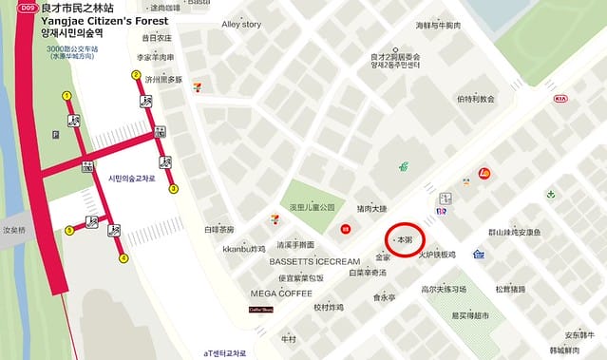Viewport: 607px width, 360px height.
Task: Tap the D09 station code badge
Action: (x=26, y=8)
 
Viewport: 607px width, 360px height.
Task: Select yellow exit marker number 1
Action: (x=66, y=95)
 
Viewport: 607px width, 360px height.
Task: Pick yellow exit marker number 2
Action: (x=136, y=75)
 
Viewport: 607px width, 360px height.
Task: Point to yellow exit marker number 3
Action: (x=174, y=189)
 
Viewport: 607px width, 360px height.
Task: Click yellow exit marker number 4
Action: (x=123, y=258)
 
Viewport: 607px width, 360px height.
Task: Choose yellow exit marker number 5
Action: (x=69, y=230)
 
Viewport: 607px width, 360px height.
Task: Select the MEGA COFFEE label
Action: (x=282, y=293)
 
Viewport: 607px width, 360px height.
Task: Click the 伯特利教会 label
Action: (x=475, y=98)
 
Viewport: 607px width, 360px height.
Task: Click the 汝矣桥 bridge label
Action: (x=16, y=230)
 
